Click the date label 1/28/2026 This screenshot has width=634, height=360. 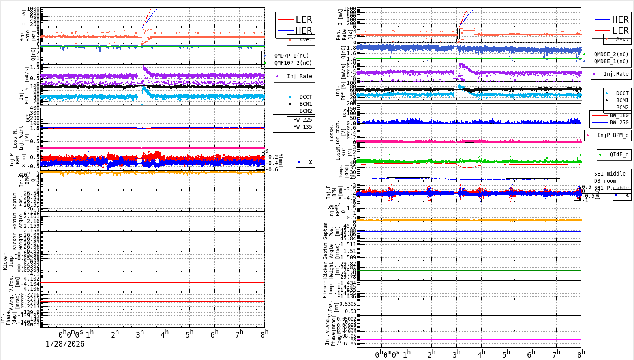[x=65, y=344]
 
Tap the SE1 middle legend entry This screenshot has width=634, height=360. [x=610, y=174]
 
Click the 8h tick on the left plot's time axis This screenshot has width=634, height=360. [x=264, y=334]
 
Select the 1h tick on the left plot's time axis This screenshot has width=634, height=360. [x=90, y=334]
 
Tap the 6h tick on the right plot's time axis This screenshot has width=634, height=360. [x=531, y=354]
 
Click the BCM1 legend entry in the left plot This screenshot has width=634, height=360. [x=306, y=104]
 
